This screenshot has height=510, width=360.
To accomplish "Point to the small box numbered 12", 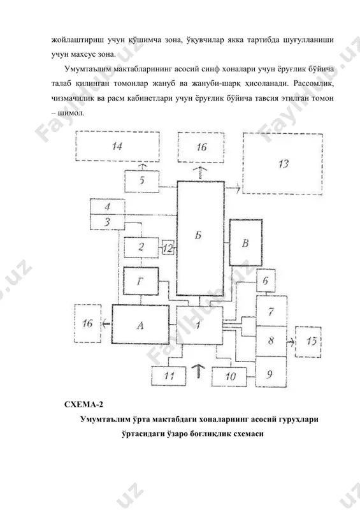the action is coord(168,249).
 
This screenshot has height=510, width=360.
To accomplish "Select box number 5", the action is coord(142,180).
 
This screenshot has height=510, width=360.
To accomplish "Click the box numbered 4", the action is coord(107,207).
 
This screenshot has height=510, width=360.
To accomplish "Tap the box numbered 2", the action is coord(141,247).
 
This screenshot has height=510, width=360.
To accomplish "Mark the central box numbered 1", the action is coord(199,325).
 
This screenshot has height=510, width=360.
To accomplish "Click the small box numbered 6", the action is coord(266,280).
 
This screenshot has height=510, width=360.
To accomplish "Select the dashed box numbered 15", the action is coord(308,342).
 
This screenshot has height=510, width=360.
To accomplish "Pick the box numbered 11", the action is coord(169,376).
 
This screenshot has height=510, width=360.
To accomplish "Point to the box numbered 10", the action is coord(229,377).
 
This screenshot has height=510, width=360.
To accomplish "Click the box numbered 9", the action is coord(271,372).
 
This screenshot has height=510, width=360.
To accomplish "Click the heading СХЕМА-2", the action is coord(83,405).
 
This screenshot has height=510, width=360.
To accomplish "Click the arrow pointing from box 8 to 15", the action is coord(291,342).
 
